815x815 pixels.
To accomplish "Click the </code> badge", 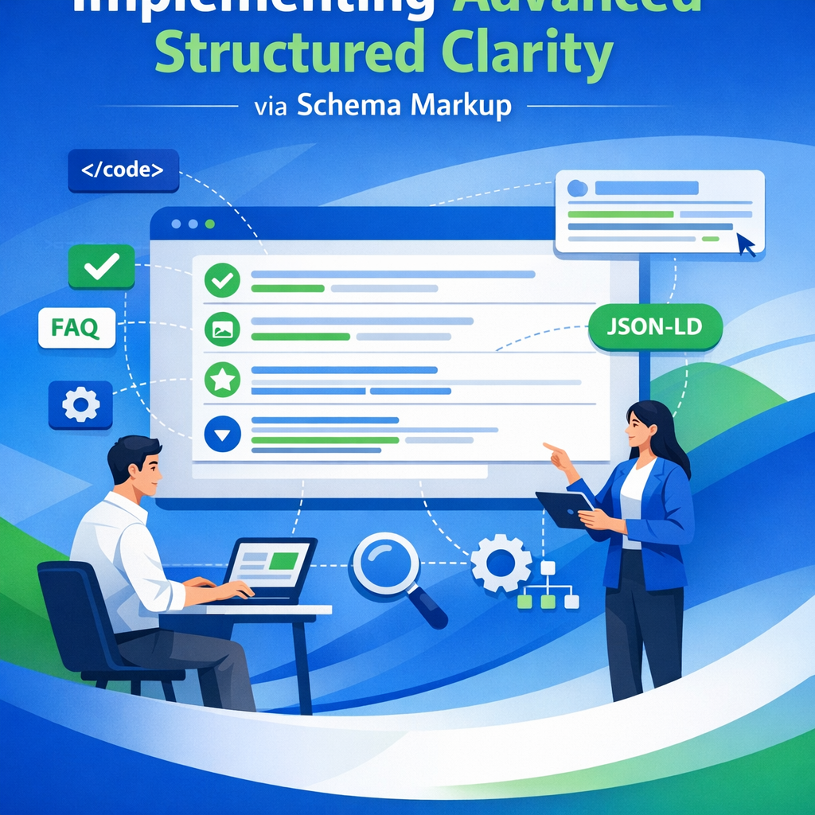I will point(123,170).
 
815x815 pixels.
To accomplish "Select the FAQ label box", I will point(77,328).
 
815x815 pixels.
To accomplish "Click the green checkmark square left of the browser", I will point(101,266).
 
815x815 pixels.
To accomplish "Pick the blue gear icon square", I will point(80,405).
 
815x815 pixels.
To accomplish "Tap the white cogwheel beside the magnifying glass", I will point(501,563).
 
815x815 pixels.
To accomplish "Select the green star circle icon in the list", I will point(222,380).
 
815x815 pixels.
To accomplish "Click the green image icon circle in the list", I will point(222,329).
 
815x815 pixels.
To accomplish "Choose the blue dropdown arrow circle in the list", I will point(222,435).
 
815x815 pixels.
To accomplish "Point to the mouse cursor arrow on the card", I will point(746,244).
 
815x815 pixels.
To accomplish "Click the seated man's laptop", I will point(271,567).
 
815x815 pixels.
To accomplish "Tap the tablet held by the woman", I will point(563,508).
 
